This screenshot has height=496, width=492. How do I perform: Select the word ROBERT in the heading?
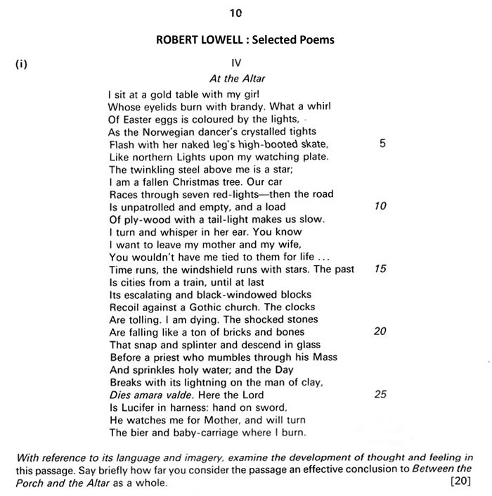tap(179, 39)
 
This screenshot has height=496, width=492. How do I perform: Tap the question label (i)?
tap(21, 64)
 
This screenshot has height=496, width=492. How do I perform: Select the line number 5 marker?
tap(382, 144)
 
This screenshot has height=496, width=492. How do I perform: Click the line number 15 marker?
tap(380, 269)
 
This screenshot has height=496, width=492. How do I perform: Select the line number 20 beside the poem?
tap(380, 331)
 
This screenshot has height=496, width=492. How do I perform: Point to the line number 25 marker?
tap(380, 394)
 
